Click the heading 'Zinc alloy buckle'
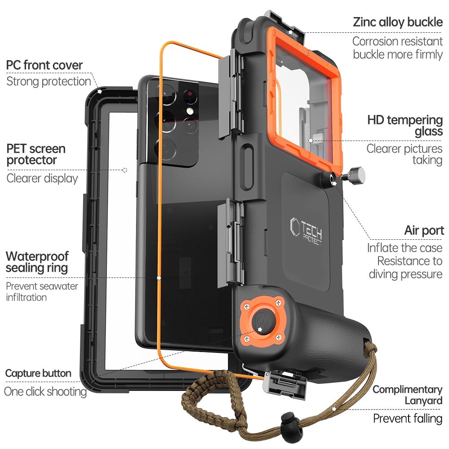pos(398,22)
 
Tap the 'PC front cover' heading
pos(44,65)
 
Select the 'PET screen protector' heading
pos(36,154)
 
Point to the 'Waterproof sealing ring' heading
pos(37,262)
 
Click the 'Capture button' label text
pos(38,373)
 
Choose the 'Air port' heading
pos(424,231)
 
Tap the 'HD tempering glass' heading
pos(405,126)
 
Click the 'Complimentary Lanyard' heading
pos(407,395)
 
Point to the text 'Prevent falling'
pos(408,418)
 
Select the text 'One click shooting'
pos(45,391)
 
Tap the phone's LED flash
pos(189,110)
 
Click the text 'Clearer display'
pos(42,178)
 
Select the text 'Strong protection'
pos(48,81)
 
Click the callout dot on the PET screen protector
pos(125,170)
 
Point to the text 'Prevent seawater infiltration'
pos(42,291)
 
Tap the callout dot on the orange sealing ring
pos(159,278)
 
